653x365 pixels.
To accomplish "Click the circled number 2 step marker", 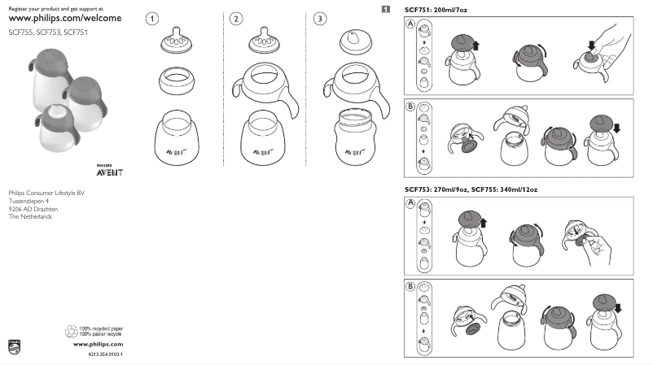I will pyautogui.click(x=236, y=19).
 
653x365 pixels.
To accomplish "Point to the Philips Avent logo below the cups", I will pyautogui.click(x=109, y=172).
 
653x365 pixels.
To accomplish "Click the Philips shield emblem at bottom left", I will pyautogui.click(x=12, y=345).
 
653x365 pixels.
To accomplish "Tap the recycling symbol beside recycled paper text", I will pyautogui.click(x=70, y=331).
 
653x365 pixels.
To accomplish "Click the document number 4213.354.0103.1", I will pyautogui.click(x=105, y=355).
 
